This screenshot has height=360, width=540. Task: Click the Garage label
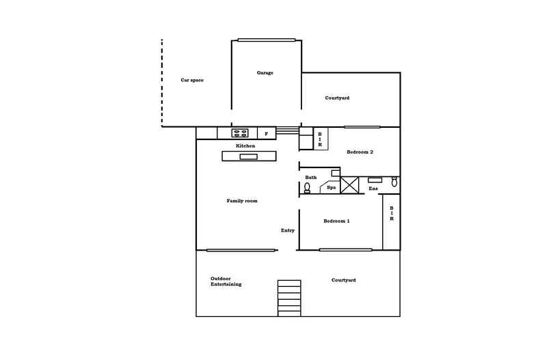(x=265, y=72)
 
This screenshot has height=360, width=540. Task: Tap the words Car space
(x=192, y=80)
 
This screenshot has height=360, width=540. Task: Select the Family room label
(x=242, y=201)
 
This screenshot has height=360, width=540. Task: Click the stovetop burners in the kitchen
(x=240, y=133)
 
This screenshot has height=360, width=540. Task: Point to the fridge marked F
(x=266, y=133)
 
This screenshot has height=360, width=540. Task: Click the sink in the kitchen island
(x=248, y=156)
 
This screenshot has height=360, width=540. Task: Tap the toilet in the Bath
(x=308, y=188)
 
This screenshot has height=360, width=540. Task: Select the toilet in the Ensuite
(x=394, y=182)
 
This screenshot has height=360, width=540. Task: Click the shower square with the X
(x=350, y=184)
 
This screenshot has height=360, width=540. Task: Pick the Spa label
(x=331, y=187)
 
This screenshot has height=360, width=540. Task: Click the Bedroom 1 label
(x=336, y=221)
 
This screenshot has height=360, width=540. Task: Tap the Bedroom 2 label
(x=360, y=152)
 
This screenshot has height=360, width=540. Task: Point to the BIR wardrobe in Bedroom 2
(x=320, y=139)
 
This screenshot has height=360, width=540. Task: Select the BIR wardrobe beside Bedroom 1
(x=391, y=214)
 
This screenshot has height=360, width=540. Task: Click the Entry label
(x=288, y=230)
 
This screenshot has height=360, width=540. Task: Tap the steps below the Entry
(x=289, y=298)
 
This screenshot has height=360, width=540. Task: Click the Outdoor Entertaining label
(x=226, y=281)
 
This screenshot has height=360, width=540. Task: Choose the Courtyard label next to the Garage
(x=337, y=98)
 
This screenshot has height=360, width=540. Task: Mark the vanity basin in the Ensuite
(x=375, y=180)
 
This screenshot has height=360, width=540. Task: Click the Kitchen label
(x=245, y=146)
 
